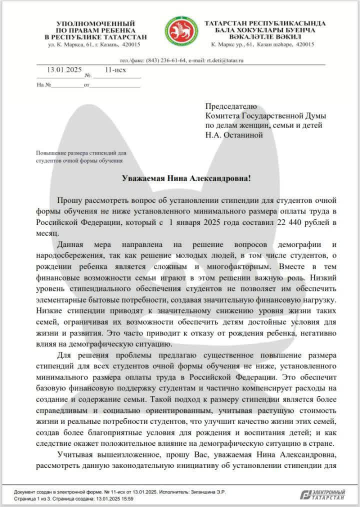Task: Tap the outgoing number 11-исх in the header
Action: [115, 69]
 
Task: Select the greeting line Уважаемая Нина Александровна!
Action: [180, 178]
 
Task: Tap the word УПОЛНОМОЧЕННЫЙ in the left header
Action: [96, 23]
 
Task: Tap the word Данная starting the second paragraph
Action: [71, 244]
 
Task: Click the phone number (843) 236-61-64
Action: [166, 60]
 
